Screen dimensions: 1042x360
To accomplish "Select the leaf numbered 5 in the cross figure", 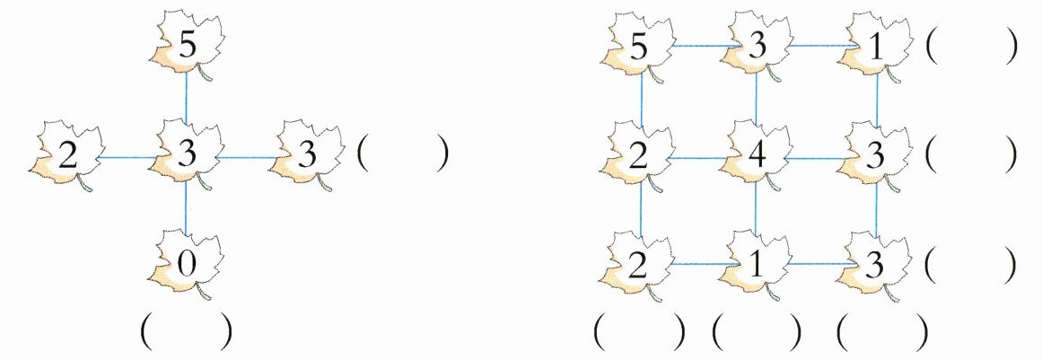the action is (x=186, y=45).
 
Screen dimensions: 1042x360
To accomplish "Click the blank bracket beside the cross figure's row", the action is (x=401, y=154).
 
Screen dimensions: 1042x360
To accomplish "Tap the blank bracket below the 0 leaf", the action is (x=187, y=332).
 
